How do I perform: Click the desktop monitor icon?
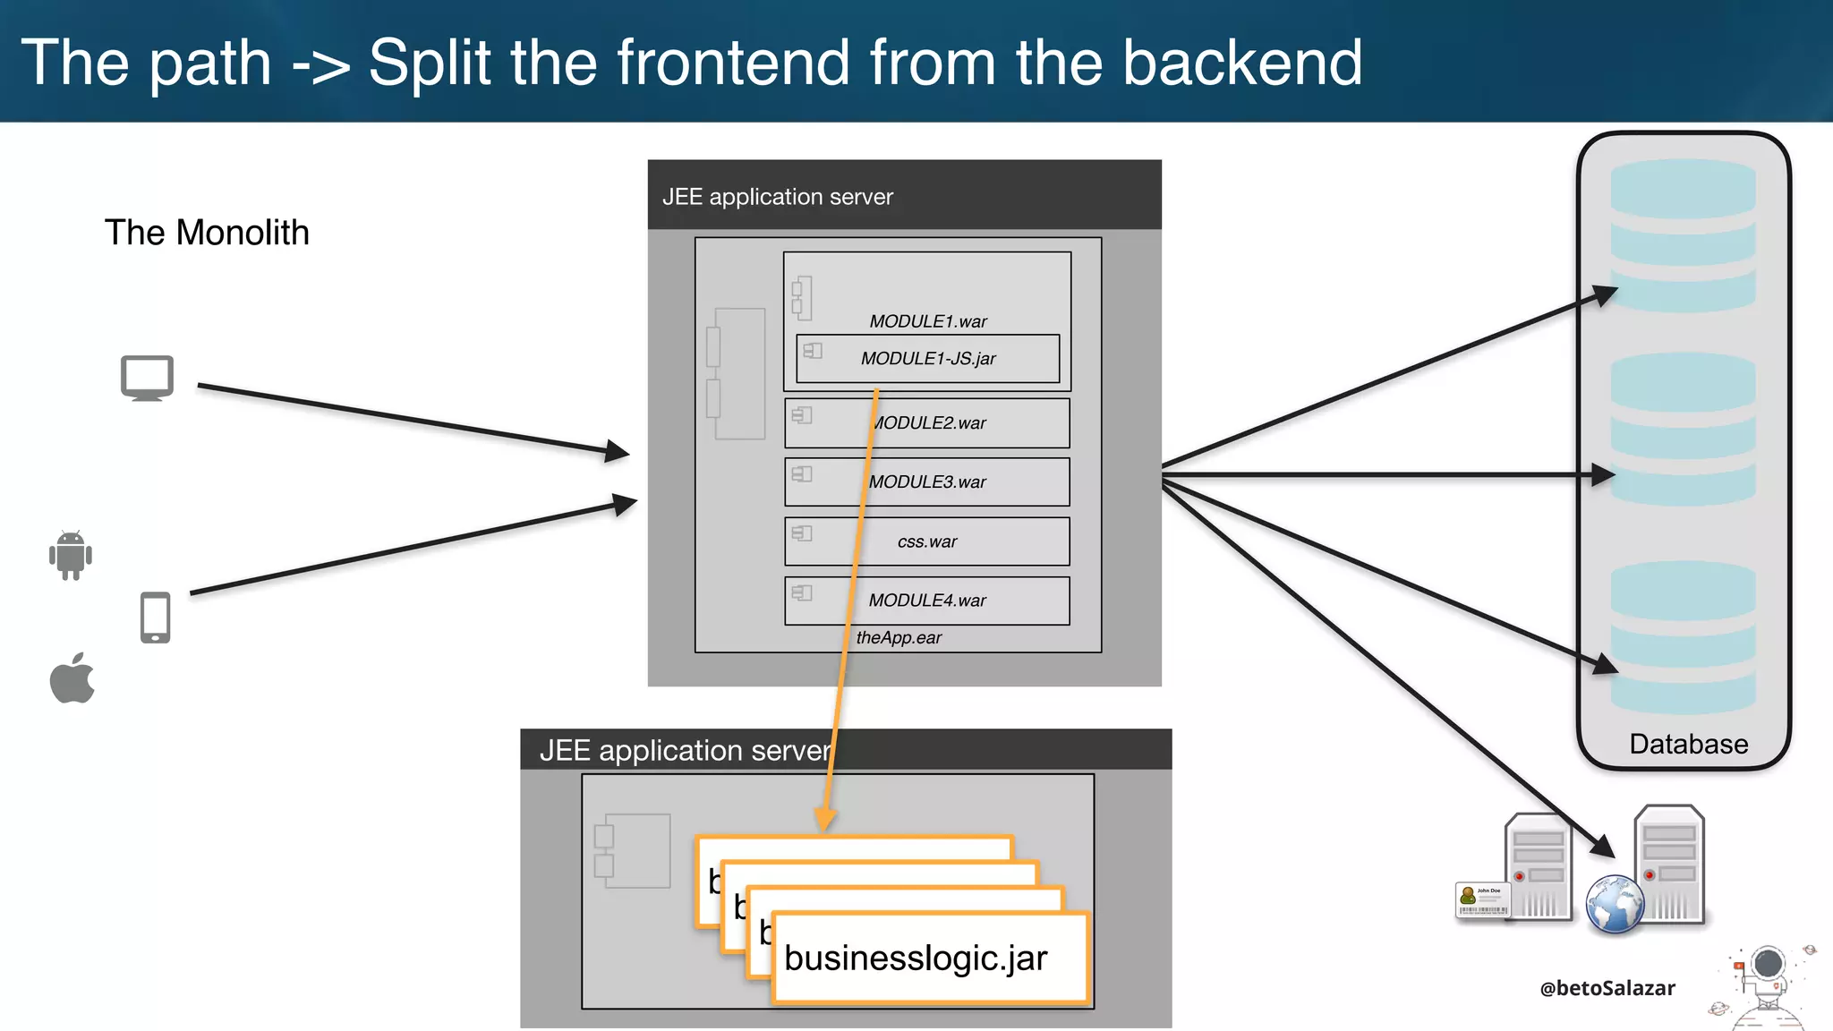pyautogui.click(x=147, y=378)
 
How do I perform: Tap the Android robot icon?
pyautogui.click(x=71, y=555)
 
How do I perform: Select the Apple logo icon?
pyautogui.click(x=72, y=678)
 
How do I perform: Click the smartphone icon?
pyautogui.click(x=155, y=618)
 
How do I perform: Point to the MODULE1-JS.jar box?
pyautogui.click(x=927, y=359)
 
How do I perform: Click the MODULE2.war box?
pyautogui.click(x=927, y=423)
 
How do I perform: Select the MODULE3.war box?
pyautogui.click(x=927, y=482)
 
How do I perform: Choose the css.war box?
pyautogui.click(x=927, y=541)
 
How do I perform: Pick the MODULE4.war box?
pyautogui.click(x=927, y=601)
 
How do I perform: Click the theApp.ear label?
pyautogui.click(x=899, y=638)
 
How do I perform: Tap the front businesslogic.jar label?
pyautogui.click(x=916, y=959)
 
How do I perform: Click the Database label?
pyautogui.click(x=1688, y=745)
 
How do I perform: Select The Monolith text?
pyautogui.click(x=207, y=233)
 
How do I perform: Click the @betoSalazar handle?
pyautogui.click(x=1607, y=988)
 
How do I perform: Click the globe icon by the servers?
pyautogui.click(x=1615, y=904)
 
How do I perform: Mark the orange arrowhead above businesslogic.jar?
pyautogui.click(x=824, y=819)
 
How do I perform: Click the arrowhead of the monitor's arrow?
pyautogui.click(x=618, y=452)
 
